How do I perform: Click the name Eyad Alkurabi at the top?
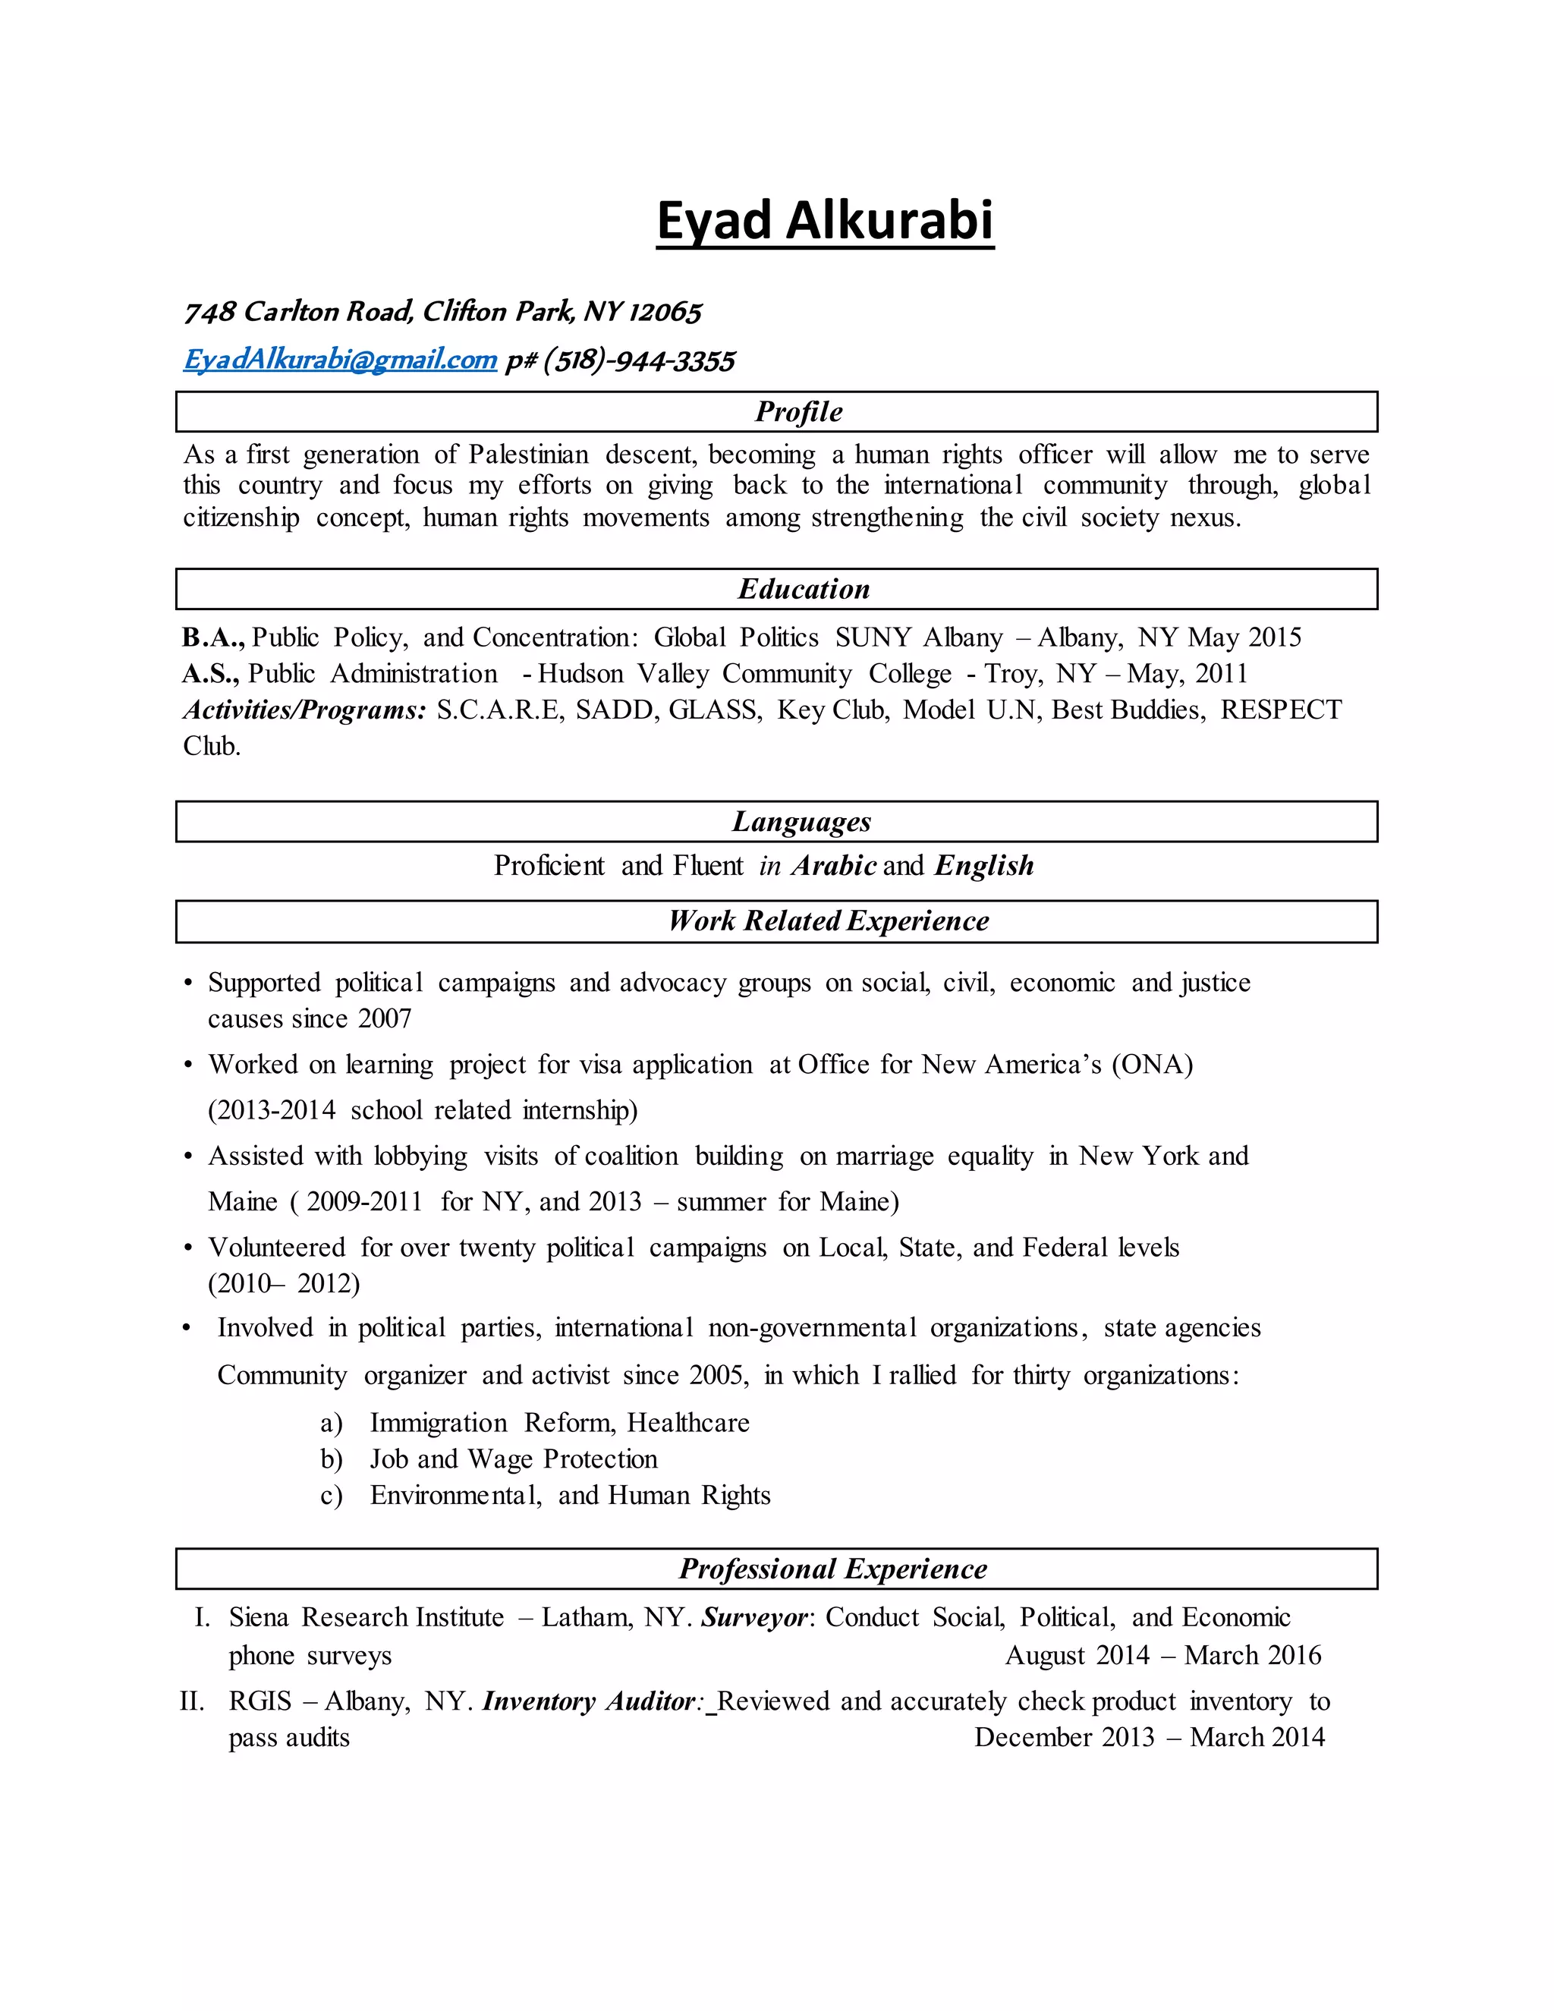[825, 221]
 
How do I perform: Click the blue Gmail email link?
[340, 360]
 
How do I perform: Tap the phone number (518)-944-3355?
[639, 361]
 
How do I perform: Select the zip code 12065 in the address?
[665, 312]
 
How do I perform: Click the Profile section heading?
[798, 411]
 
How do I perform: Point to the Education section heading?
[804, 590]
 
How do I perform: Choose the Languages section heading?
[801, 821]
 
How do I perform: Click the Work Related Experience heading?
[829, 921]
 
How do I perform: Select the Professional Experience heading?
[832, 1569]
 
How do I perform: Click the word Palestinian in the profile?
[528, 455]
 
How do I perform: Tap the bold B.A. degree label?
[212, 637]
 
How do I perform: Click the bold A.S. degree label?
[211, 674]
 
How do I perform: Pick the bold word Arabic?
[834, 866]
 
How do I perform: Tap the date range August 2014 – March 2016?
[1162, 1656]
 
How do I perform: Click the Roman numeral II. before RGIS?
[191, 1701]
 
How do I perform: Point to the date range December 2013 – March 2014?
[1149, 1738]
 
